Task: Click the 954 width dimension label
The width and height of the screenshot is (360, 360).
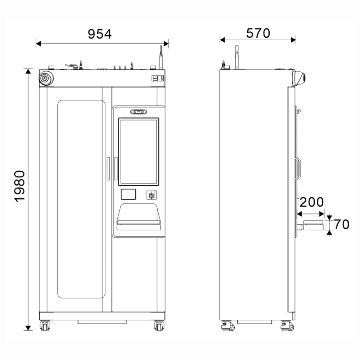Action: (100, 34)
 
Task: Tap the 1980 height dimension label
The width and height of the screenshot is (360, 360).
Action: (19, 186)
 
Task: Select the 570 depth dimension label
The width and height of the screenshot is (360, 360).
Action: (258, 33)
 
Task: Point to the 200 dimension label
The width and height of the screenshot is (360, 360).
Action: (311, 202)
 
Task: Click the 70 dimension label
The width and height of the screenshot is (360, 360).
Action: (342, 224)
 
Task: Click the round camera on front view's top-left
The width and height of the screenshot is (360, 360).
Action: (46, 78)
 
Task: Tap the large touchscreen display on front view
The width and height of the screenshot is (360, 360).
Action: (139, 152)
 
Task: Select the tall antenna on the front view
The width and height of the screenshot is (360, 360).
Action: (161, 57)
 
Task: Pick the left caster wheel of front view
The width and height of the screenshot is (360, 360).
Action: (45, 326)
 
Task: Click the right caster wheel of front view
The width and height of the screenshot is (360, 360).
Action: (159, 326)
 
